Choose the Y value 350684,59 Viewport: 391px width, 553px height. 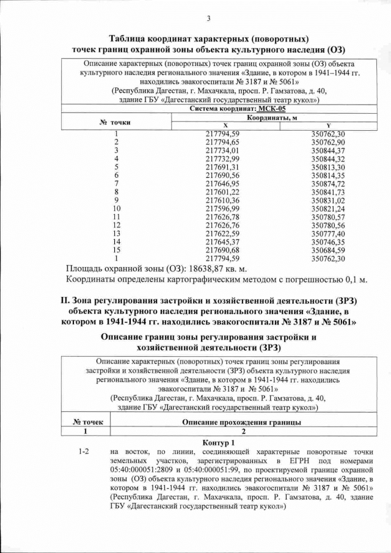click(x=328, y=250)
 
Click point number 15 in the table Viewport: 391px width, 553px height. click(x=116, y=250)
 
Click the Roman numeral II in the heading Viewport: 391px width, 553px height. click(x=62, y=300)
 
